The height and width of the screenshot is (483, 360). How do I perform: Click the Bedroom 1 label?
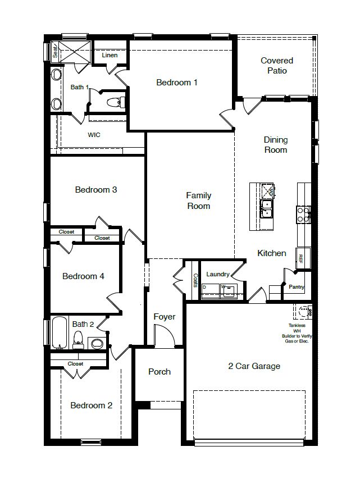point(177,83)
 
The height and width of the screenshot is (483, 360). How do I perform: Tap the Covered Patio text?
point(277,66)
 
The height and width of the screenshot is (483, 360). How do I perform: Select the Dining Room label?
point(276,145)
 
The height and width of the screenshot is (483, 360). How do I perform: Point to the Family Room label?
point(199,201)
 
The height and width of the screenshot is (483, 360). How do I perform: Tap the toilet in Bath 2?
point(79,340)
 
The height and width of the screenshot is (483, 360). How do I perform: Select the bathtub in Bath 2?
point(59,334)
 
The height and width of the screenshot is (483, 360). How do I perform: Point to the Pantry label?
point(296,287)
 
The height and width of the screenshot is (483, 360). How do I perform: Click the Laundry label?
point(218,274)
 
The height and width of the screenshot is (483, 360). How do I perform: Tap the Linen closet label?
point(110,55)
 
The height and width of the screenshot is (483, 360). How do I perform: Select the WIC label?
point(94,135)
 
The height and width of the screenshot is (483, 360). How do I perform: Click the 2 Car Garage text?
point(254,366)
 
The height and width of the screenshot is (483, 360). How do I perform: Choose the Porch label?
point(160,372)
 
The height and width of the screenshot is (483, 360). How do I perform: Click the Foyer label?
point(165,317)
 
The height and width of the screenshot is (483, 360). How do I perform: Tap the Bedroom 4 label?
point(83,276)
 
